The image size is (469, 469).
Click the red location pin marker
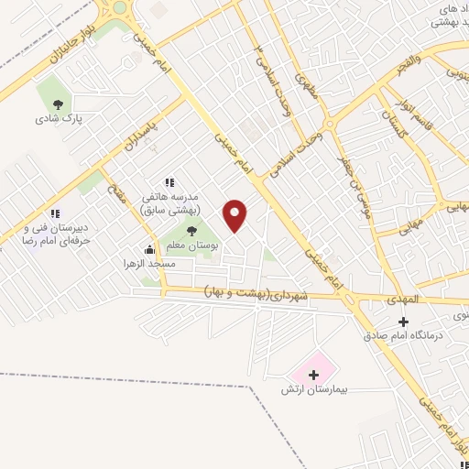pos(235,215)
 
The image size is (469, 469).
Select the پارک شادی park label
pos(53,118)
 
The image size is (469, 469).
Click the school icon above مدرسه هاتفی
pos(168,182)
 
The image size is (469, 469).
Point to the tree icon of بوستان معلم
pos(191,232)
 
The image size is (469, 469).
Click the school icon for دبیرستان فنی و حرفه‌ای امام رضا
pos(55,213)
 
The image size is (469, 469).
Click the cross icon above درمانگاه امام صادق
pos(403,321)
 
